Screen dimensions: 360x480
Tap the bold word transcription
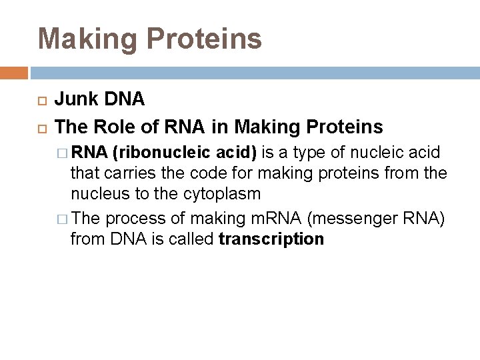(x=271, y=239)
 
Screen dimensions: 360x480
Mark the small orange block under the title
(x=14, y=72)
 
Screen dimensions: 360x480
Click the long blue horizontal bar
(x=254, y=72)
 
